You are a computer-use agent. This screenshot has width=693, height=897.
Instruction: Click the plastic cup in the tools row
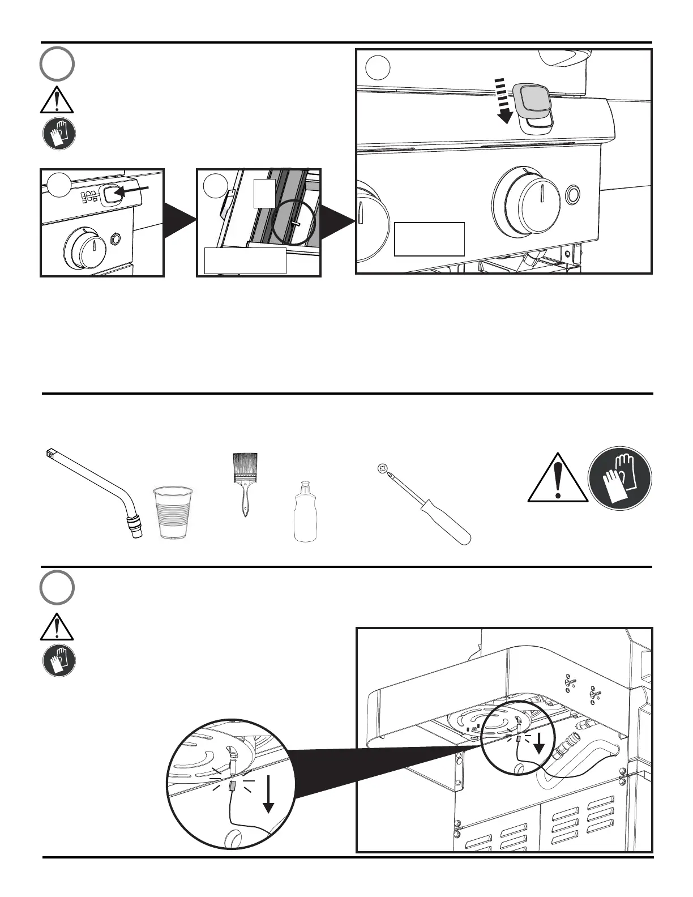pos(173,512)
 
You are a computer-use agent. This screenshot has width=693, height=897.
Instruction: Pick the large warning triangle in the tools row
pos(558,479)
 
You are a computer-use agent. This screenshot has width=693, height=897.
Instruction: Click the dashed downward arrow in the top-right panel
pos(503,101)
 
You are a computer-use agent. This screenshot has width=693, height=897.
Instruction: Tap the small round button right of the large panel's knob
pos(572,195)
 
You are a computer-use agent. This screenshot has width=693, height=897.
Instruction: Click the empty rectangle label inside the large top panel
pos(429,239)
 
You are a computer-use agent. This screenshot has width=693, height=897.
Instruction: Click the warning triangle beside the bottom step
pos(57,626)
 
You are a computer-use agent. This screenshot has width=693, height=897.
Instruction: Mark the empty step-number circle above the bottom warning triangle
pos(57,588)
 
